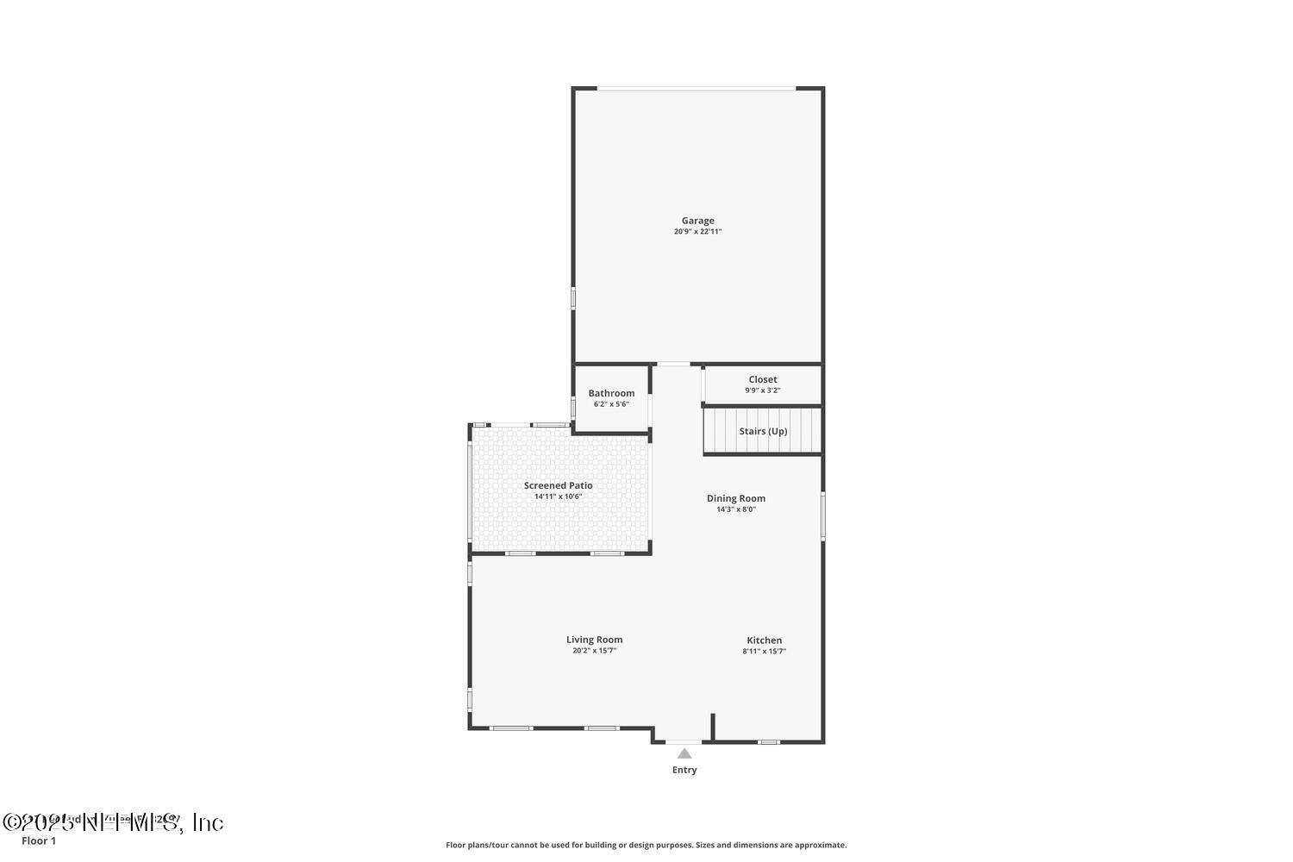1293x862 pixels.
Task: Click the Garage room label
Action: pos(697,221)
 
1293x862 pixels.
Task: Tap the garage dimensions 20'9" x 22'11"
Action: pos(697,232)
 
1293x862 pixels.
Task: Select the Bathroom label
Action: pos(611,393)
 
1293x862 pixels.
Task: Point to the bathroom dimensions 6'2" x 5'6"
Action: pos(611,404)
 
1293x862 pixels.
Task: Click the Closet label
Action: pos(762,379)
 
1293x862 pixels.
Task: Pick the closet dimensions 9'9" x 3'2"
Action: pos(762,390)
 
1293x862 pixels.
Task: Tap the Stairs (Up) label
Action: pos(763,431)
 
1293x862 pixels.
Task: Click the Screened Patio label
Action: pos(558,485)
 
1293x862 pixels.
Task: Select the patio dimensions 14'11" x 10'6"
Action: pos(558,497)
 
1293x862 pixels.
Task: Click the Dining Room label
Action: pos(735,498)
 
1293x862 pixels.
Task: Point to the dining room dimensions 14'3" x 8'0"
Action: pos(735,509)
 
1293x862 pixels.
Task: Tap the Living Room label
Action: pos(594,640)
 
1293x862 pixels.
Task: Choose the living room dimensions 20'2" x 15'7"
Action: pos(594,651)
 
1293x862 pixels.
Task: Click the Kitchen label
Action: pos(764,640)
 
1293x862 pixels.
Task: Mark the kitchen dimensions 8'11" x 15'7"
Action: pos(764,652)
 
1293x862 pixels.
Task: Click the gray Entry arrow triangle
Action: pos(684,753)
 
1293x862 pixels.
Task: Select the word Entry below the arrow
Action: pos(684,770)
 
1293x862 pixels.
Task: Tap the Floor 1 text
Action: pos(39,841)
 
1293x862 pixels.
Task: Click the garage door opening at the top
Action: pos(696,88)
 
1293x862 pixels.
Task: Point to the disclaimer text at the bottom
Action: pos(646,846)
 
